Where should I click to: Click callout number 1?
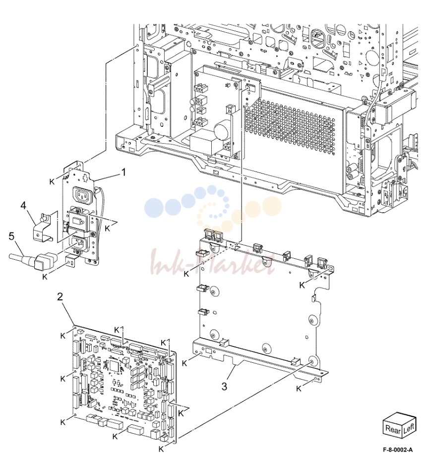click(123, 172)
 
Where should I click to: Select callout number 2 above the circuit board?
click(60, 296)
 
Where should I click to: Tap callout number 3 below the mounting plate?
click(224, 387)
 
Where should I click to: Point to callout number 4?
click(23, 206)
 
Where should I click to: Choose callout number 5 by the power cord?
click(11, 236)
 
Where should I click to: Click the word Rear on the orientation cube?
click(392, 429)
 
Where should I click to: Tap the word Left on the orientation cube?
click(409, 428)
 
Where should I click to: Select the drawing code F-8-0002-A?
click(398, 450)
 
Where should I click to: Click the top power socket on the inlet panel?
click(84, 194)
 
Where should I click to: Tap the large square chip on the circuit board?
click(114, 366)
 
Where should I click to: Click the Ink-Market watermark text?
click(212, 262)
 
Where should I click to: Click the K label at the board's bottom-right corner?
click(161, 449)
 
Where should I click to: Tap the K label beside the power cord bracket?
click(45, 277)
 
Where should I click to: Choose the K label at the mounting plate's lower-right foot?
click(299, 389)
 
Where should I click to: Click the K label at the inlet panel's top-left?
click(52, 182)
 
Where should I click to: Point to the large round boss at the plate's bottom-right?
click(313, 361)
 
